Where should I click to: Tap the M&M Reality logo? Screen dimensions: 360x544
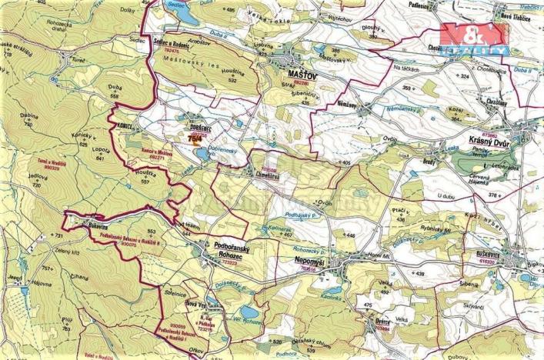[473, 38]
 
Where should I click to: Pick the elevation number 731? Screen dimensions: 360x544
[55, 235]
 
